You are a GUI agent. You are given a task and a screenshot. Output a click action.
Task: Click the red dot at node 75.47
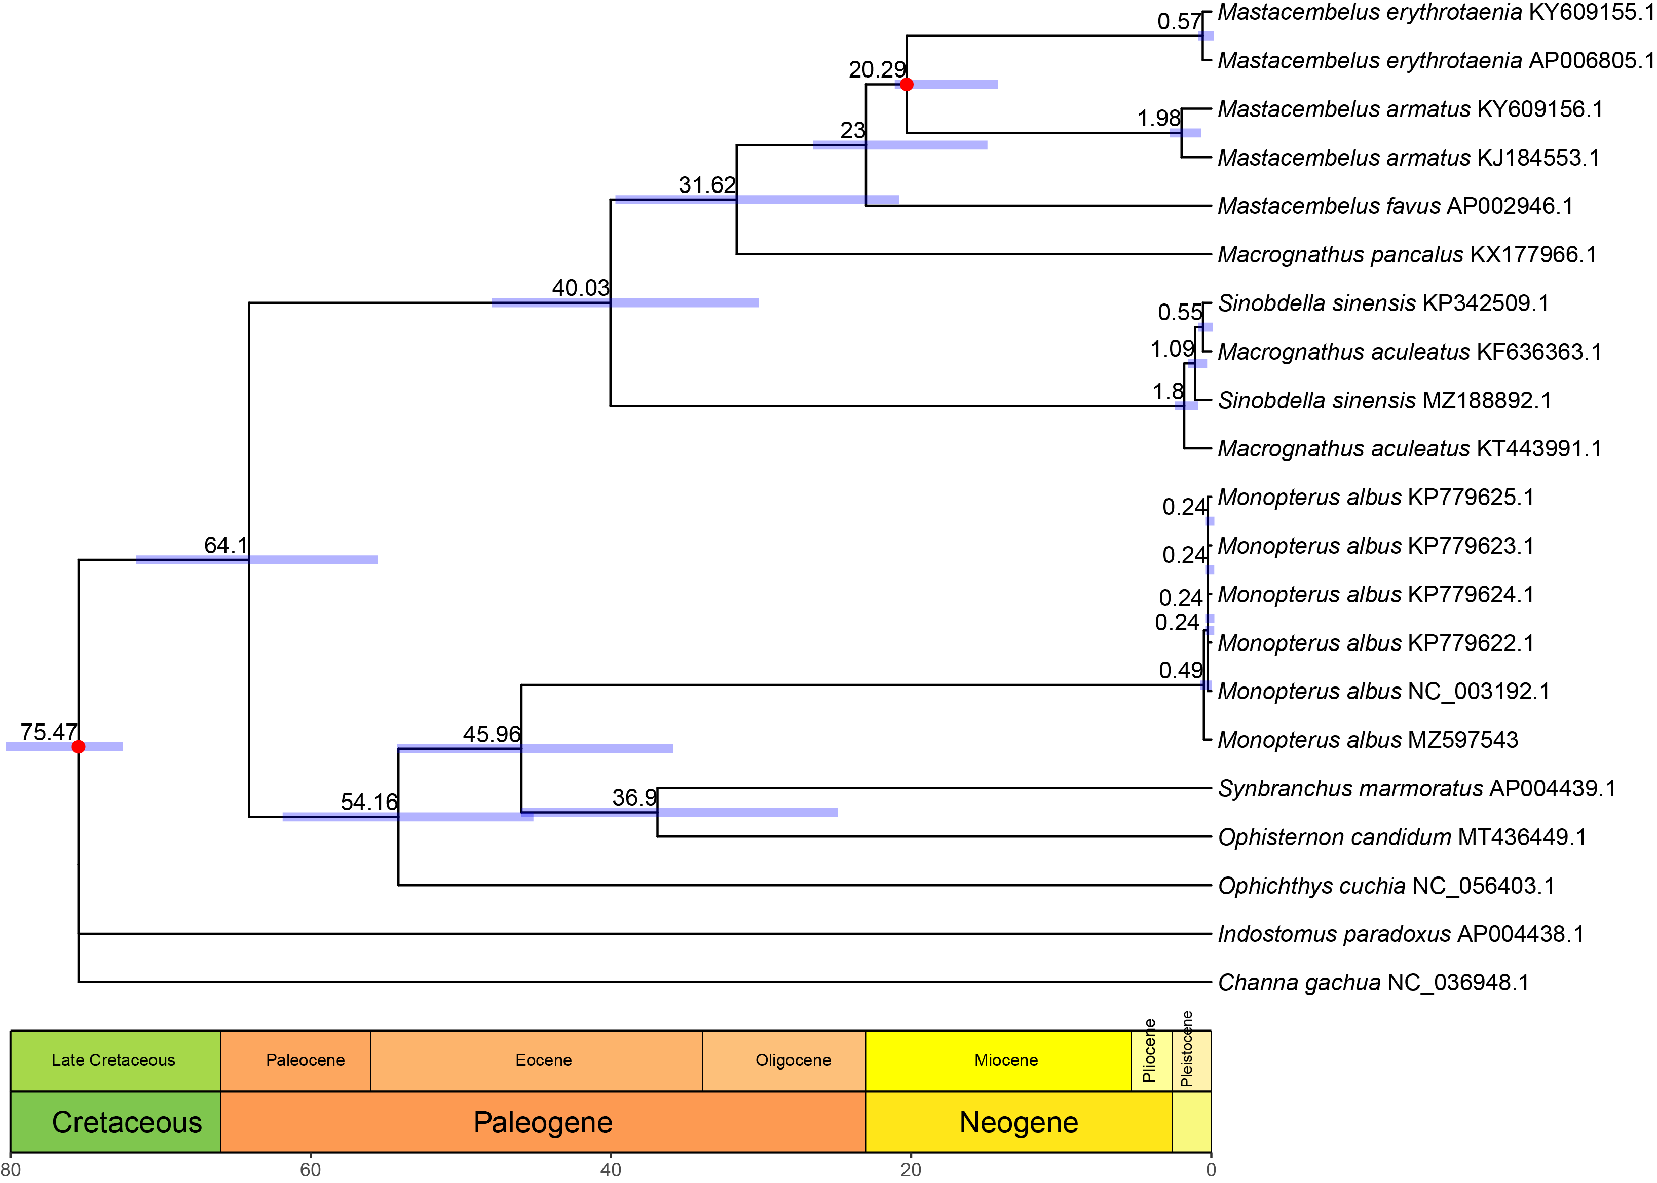pos(79,747)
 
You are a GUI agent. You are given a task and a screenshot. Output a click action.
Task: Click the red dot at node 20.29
pos(907,85)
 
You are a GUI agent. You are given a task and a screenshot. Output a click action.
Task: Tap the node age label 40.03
pos(580,288)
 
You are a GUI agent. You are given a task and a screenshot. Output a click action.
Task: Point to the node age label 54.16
pos(369,802)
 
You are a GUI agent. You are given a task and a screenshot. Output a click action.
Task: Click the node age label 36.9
pos(634,797)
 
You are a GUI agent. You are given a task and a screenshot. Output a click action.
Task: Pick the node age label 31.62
pos(707,185)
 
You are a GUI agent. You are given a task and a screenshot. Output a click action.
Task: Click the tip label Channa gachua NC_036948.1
pos(1373,983)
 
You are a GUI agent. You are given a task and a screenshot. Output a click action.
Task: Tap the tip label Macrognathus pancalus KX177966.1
pos(1406,254)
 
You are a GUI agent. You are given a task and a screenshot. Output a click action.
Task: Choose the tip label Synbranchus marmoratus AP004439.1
pos(1416,788)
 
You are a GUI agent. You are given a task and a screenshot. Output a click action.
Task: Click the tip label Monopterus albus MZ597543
pos(1367,740)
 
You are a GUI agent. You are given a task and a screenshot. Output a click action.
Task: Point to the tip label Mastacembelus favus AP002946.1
pos(1395,206)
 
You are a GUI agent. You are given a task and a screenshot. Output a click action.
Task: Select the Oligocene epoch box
pos(793,1060)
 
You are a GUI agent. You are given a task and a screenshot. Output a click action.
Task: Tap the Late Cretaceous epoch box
pos(114,1060)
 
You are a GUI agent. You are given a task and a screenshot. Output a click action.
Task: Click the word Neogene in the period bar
pos(1018,1122)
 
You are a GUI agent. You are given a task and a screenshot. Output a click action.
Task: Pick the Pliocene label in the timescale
pos(1149,1050)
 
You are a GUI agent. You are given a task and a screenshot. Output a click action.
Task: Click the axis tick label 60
pos(311,1170)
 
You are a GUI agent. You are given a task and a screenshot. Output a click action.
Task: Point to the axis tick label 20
pos(910,1170)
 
